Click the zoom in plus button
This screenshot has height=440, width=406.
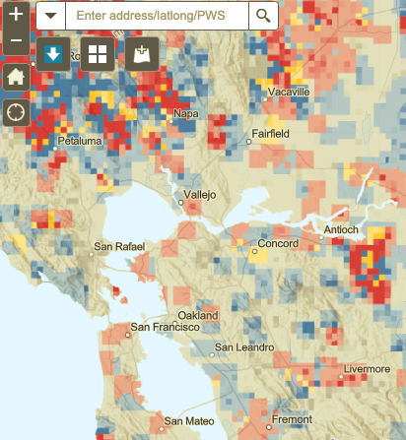tap(16, 16)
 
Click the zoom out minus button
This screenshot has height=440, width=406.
tap(16, 42)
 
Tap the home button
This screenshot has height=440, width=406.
tap(16, 76)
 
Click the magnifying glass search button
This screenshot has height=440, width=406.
tap(262, 16)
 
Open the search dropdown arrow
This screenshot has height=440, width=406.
tap(50, 16)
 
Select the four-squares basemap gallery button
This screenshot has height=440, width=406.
tap(97, 54)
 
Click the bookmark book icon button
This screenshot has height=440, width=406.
tap(140, 54)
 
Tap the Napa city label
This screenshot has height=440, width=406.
tap(185, 114)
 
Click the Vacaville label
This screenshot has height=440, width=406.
tap(287, 92)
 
